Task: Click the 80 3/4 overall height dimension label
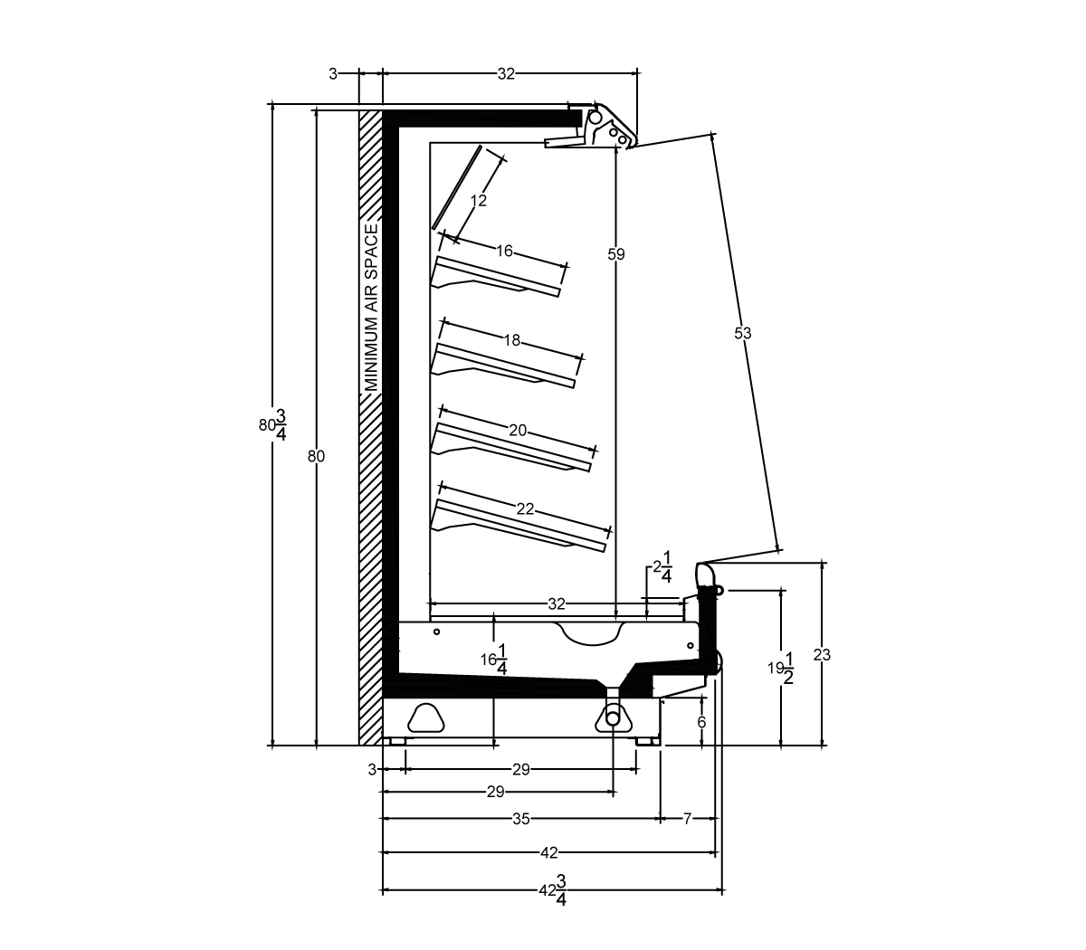pyautogui.click(x=272, y=425)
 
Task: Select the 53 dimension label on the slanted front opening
pyautogui.click(x=743, y=333)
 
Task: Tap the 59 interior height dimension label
pyautogui.click(x=615, y=254)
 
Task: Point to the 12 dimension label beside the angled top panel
pyautogui.click(x=478, y=200)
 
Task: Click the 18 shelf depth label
pyautogui.click(x=511, y=340)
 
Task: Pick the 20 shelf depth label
pyautogui.click(x=518, y=430)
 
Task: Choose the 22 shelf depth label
pyautogui.click(x=525, y=509)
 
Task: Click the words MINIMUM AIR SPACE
pyautogui.click(x=372, y=308)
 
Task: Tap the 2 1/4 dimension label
pyautogui.click(x=662, y=567)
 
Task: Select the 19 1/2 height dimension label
pyautogui.click(x=781, y=669)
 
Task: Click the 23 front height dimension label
pyautogui.click(x=822, y=655)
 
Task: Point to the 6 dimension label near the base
pyautogui.click(x=701, y=722)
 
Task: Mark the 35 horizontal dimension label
pyautogui.click(x=520, y=819)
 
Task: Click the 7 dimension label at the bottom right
pyautogui.click(x=687, y=819)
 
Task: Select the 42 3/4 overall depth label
pyautogui.click(x=553, y=890)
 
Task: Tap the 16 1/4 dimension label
pyautogui.click(x=494, y=660)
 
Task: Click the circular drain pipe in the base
pyautogui.click(x=613, y=718)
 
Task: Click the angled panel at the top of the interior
pyautogui.click(x=456, y=187)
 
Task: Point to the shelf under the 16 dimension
pyautogui.click(x=496, y=277)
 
